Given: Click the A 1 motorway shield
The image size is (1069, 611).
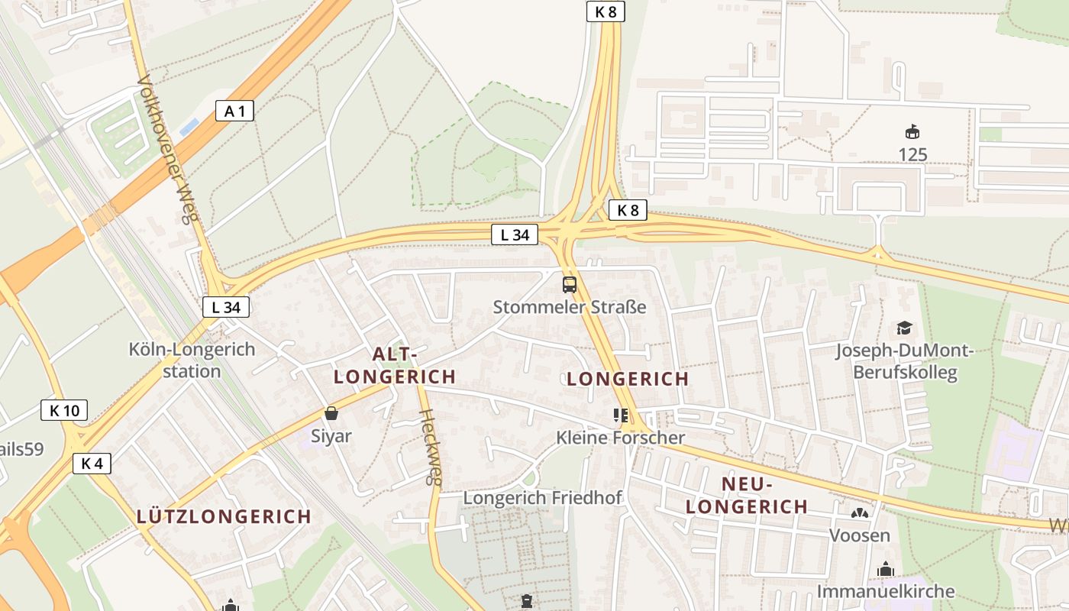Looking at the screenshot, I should tap(234, 111).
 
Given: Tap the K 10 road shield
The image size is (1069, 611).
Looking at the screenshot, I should tap(64, 411).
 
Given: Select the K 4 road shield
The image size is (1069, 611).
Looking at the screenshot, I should tap(92, 463).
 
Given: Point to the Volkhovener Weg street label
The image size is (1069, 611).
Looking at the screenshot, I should tap(167, 149).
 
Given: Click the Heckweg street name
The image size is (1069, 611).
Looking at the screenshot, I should tap(431, 448).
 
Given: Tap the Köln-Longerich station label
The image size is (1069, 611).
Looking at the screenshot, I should tap(192, 360).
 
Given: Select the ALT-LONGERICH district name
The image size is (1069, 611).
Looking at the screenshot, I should tap(395, 365).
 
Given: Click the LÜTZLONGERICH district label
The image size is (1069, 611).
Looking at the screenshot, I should tap(224, 516).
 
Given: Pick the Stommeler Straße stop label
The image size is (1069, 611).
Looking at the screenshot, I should tap(570, 307).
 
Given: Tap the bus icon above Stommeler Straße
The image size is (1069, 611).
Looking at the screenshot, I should tap(570, 285).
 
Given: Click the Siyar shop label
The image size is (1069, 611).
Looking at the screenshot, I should tap(331, 436).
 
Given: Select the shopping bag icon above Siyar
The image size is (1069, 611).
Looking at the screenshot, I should tap(331, 414).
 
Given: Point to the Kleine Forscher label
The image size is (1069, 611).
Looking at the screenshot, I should tap(621, 438).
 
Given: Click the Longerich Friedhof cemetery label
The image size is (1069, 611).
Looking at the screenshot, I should tap(543, 498).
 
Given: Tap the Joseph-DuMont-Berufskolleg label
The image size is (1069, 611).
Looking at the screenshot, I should tap(905, 361).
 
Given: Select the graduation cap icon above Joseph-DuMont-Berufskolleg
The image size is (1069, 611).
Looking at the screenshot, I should tap(905, 328).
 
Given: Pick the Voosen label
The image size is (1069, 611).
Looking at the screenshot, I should tap(860, 535).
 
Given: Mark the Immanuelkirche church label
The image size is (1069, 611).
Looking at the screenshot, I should tap(886, 591).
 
